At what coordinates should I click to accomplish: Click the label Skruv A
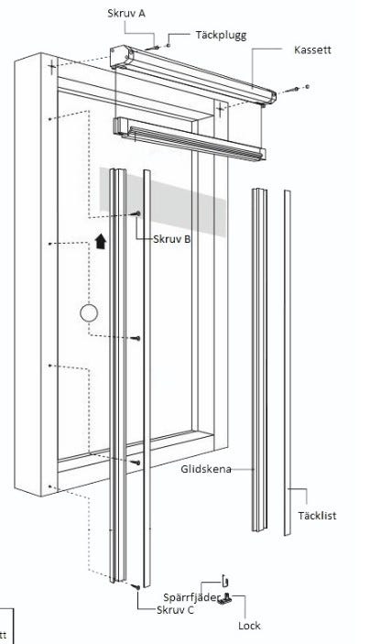click(x=126, y=13)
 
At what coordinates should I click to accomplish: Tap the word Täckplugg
click(x=221, y=36)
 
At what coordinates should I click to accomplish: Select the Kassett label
click(x=312, y=50)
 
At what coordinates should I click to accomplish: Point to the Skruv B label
click(x=171, y=239)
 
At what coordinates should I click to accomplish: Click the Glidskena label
click(x=206, y=469)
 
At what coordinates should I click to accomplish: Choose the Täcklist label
click(x=317, y=516)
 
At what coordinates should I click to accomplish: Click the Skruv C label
click(x=175, y=610)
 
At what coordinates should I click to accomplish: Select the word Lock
click(x=249, y=626)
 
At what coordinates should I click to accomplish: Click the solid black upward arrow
click(x=101, y=242)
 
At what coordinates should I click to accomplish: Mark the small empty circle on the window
click(x=89, y=313)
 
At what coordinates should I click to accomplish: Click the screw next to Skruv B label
click(x=136, y=213)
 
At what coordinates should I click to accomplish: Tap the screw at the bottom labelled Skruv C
click(x=136, y=587)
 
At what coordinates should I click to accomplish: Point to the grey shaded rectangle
click(x=163, y=202)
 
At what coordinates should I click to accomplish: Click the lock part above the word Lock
click(x=225, y=599)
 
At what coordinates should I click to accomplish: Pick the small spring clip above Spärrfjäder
click(x=224, y=581)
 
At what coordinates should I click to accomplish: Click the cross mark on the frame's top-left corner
click(x=51, y=66)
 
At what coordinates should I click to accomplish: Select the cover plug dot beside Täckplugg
click(x=168, y=45)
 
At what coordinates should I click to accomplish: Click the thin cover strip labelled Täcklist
click(x=288, y=363)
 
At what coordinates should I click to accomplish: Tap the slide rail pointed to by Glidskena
click(x=259, y=360)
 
